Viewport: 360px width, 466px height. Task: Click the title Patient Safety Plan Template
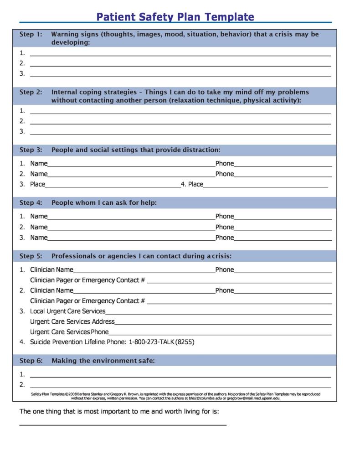click(175, 17)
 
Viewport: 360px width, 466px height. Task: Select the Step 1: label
click(31, 34)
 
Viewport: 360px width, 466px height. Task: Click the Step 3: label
click(31, 150)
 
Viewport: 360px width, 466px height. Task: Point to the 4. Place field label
click(192, 184)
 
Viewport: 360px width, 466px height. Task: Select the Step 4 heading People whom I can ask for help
click(104, 202)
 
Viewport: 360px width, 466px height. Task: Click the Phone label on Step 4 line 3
click(224, 238)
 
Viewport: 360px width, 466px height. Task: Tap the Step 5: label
click(31, 256)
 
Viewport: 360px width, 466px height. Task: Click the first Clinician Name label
click(51, 269)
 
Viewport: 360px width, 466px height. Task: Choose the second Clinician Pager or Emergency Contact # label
click(87, 301)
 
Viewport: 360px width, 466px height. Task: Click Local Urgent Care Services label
click(67, 311)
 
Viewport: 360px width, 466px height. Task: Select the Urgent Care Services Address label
click(72, 321)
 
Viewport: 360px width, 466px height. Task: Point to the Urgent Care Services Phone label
click(69, 332)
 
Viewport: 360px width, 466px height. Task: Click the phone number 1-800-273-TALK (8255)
click(161, 342)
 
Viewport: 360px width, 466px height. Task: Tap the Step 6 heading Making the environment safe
click(103, 361)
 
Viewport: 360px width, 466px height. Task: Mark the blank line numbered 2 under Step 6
click(180, 386)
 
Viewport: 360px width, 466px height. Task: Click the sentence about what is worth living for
click(119, 411)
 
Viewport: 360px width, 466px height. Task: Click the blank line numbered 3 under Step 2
click(180, 133)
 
